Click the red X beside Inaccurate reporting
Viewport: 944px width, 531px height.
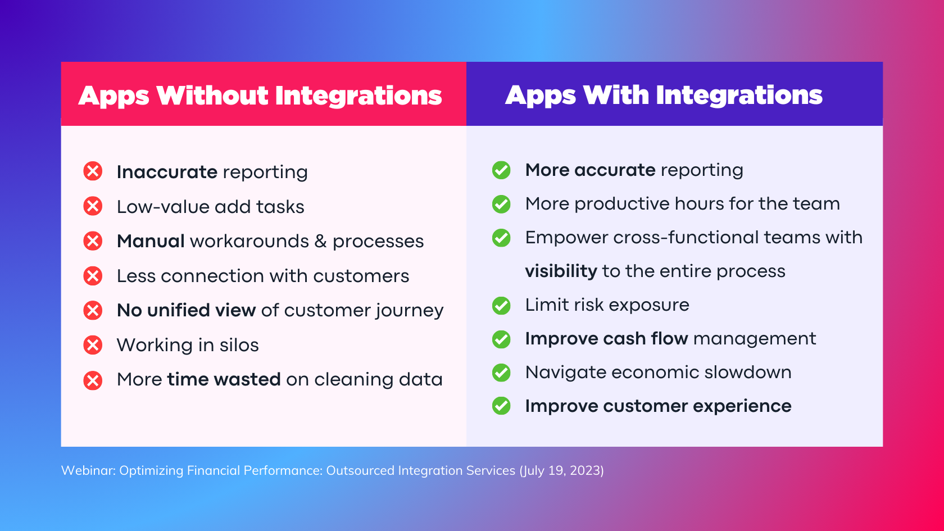pos(93,171)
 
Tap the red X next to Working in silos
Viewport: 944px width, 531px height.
pos(93,345)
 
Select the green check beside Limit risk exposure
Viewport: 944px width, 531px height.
pos(501,306)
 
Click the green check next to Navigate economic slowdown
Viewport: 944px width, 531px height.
pos(501,373)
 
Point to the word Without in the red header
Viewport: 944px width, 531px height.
pos(212,96)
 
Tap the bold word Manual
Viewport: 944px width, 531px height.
pos(151,241)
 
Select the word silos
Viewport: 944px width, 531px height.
pos(239,345)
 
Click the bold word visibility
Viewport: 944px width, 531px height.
pos(561,271)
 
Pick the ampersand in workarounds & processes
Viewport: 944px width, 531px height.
pos(321,242)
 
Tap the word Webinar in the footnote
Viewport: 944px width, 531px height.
pos(88,470)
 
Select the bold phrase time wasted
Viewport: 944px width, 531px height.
pos(224,379)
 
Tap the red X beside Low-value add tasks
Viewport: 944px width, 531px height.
pos(93,206)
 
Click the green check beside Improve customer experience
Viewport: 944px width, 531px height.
pos(501,406)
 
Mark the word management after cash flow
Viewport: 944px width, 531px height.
pos(755,339)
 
